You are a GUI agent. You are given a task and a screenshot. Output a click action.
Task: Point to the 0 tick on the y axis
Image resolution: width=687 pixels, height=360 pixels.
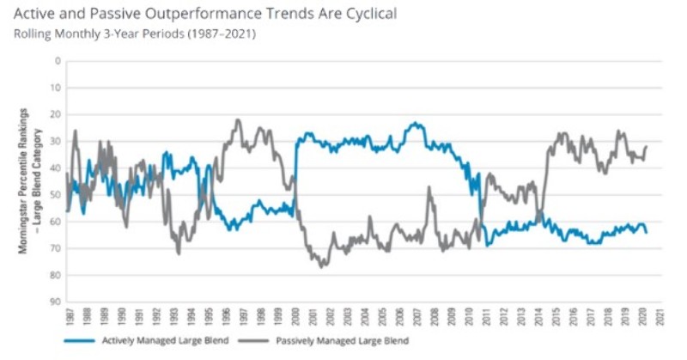point(58,61)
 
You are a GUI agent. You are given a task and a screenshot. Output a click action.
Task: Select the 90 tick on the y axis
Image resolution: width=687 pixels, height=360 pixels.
point(57,302)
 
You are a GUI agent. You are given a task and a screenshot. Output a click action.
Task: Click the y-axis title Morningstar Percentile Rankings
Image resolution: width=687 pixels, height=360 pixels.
point(25,180)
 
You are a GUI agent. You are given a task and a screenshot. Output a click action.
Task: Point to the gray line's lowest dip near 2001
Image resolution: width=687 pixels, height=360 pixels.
point(322,267)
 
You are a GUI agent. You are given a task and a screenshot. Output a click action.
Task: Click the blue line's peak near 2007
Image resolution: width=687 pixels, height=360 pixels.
point(416,124)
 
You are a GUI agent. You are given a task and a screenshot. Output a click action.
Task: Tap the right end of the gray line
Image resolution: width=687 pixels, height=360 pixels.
point(646,147)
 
